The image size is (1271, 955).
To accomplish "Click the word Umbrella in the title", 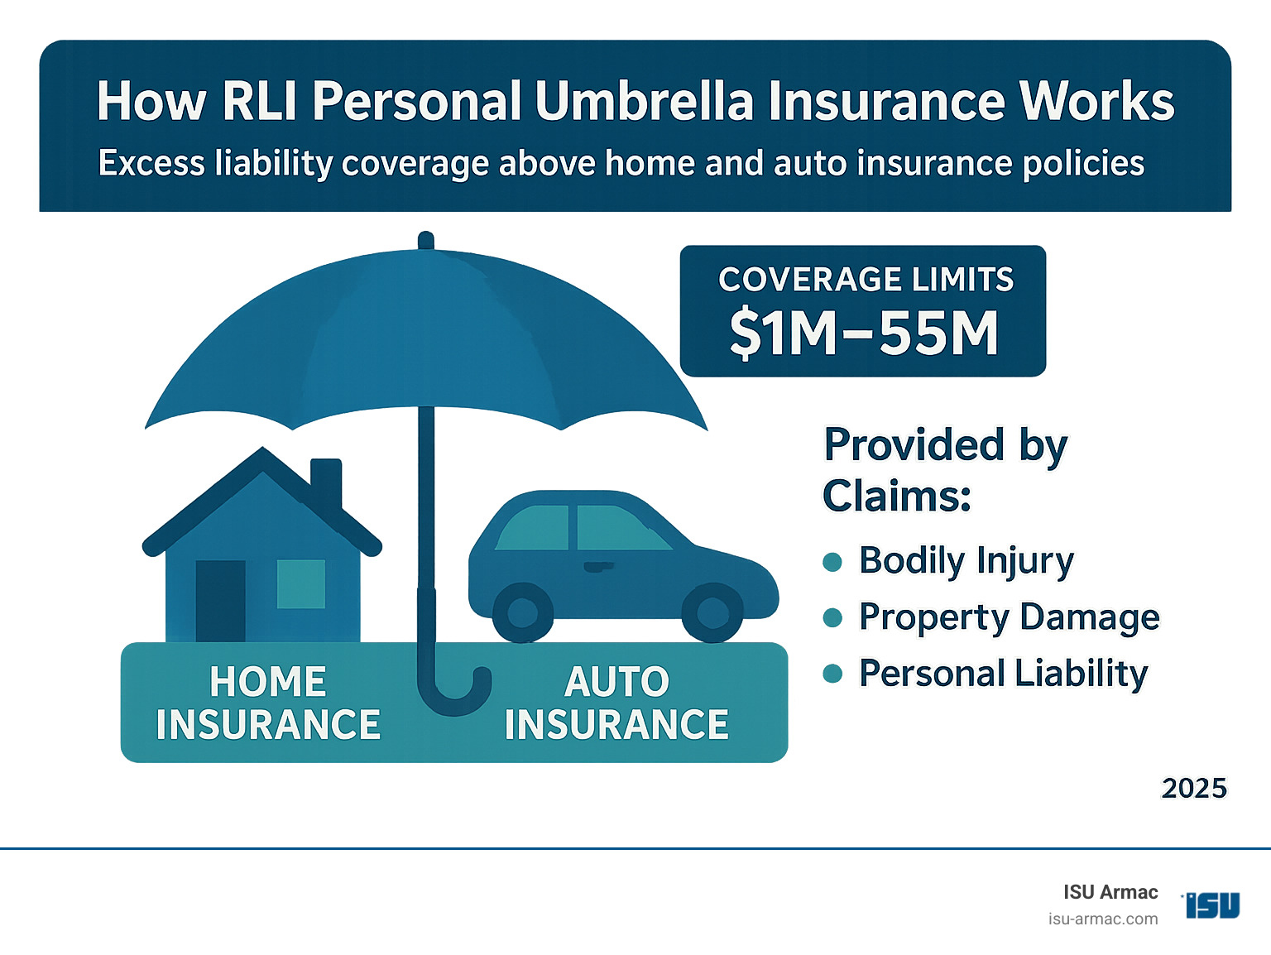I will (644, 102).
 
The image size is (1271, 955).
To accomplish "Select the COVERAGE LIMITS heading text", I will (866, 280).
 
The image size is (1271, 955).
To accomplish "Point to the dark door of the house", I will (220, 600).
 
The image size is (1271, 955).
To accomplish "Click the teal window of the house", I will (300, 584).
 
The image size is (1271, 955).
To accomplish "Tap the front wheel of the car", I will (712, 613).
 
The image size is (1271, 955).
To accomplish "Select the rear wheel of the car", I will (522, 613).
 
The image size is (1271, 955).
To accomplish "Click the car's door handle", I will (597, 567).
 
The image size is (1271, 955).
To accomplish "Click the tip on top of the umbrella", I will (426, 240).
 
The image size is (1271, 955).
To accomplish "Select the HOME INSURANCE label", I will (268, 703).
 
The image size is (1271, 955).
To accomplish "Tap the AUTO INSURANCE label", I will (616, 703).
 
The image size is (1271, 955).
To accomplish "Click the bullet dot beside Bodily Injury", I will (832, 562).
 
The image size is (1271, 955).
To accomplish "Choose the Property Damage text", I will (1009, 617).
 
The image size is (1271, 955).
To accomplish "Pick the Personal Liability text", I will (1003, 674).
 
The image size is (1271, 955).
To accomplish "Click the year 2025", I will (1193, 788).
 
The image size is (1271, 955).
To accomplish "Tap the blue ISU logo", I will (1212, 905).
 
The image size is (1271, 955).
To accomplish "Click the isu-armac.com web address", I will (1102, 919).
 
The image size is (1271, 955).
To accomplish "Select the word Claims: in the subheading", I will (896, 497).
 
